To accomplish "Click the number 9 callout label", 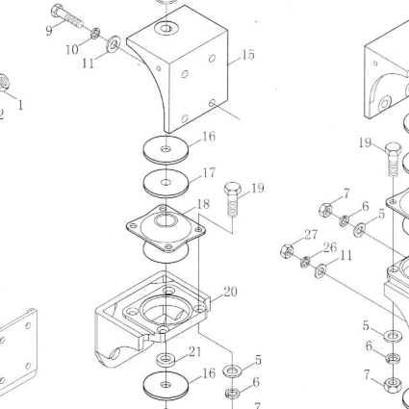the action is point(49,31).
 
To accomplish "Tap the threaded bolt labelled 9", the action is point(66,15).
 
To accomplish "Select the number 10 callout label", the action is point(72,50).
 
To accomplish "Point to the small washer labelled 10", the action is point(95,33).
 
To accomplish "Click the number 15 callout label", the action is point(248,55).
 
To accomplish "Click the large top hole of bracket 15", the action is point(166,29).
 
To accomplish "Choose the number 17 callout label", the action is point(209,173).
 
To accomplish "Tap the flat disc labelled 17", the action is point(166,184).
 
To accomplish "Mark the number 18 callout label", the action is point(203,204).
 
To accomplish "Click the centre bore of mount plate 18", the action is point(166,220).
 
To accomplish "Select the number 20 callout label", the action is point(230,292).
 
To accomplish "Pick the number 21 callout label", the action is point(195,352).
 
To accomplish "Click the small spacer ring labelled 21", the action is point(166,359).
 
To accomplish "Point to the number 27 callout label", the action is point(311,235).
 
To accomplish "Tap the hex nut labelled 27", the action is point(288,250).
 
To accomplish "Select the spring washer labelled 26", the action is point(306,262).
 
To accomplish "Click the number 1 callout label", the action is point(20,105).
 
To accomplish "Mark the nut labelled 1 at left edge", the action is point(3,83).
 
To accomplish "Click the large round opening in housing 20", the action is point(165,309).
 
